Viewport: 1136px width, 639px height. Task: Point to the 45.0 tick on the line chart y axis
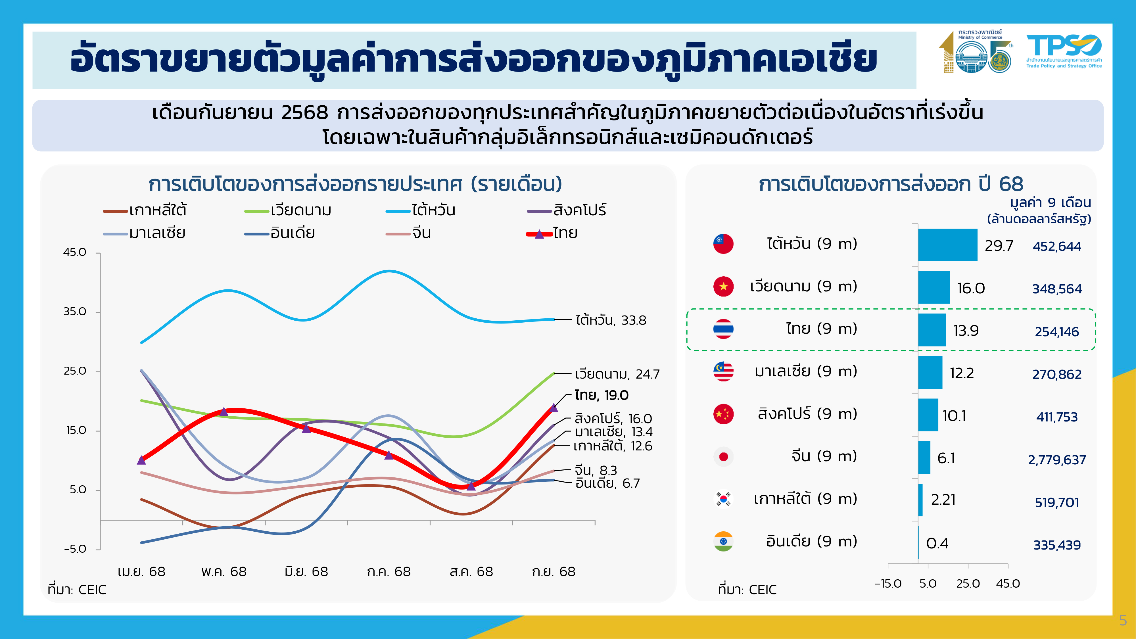(x=75, y=252)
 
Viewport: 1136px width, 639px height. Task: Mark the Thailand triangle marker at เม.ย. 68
(x=141, y=460)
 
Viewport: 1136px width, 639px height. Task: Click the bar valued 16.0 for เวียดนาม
(x=934, y=287)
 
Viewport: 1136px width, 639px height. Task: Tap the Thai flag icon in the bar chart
(x=723, y=329)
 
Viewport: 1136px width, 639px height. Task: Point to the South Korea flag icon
(x=723, y=499)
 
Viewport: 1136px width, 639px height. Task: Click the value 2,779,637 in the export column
(x=1056, y=460)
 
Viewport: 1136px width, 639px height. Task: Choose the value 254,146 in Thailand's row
(x=1056, y=332)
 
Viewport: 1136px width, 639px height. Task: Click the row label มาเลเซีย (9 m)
(x=806, y=371)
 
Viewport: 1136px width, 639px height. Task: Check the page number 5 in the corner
(x=1123, y=621)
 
